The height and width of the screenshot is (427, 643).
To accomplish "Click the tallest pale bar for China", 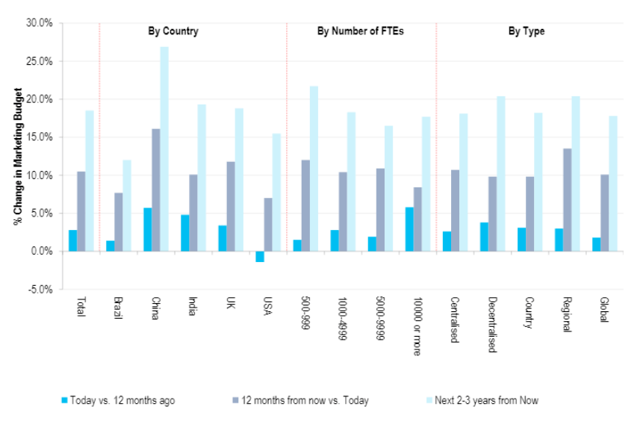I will tap(164, 149).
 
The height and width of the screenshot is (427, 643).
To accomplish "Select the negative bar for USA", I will tap(260, 257).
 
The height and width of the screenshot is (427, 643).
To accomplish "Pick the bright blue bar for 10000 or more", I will tap(409, 229).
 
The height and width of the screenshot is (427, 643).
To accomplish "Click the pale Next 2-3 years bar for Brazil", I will tap(127, 206).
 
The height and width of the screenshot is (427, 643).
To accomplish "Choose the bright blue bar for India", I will tap(184, 233).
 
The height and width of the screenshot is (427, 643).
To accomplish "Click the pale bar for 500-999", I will tap(314, 169).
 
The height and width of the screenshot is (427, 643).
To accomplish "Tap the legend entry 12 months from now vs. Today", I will tap(304, 401).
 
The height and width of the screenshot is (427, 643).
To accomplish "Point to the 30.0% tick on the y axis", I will tap(38, 22).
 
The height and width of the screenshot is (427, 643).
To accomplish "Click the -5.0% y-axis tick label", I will tap(38, 290).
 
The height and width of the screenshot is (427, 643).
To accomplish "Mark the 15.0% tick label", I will tap(38, 137).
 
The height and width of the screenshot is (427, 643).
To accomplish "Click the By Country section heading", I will tap(172, 31).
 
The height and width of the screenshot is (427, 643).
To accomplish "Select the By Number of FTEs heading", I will tap(361, 31).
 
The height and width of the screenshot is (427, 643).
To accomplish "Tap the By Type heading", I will tap(526, 31).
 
